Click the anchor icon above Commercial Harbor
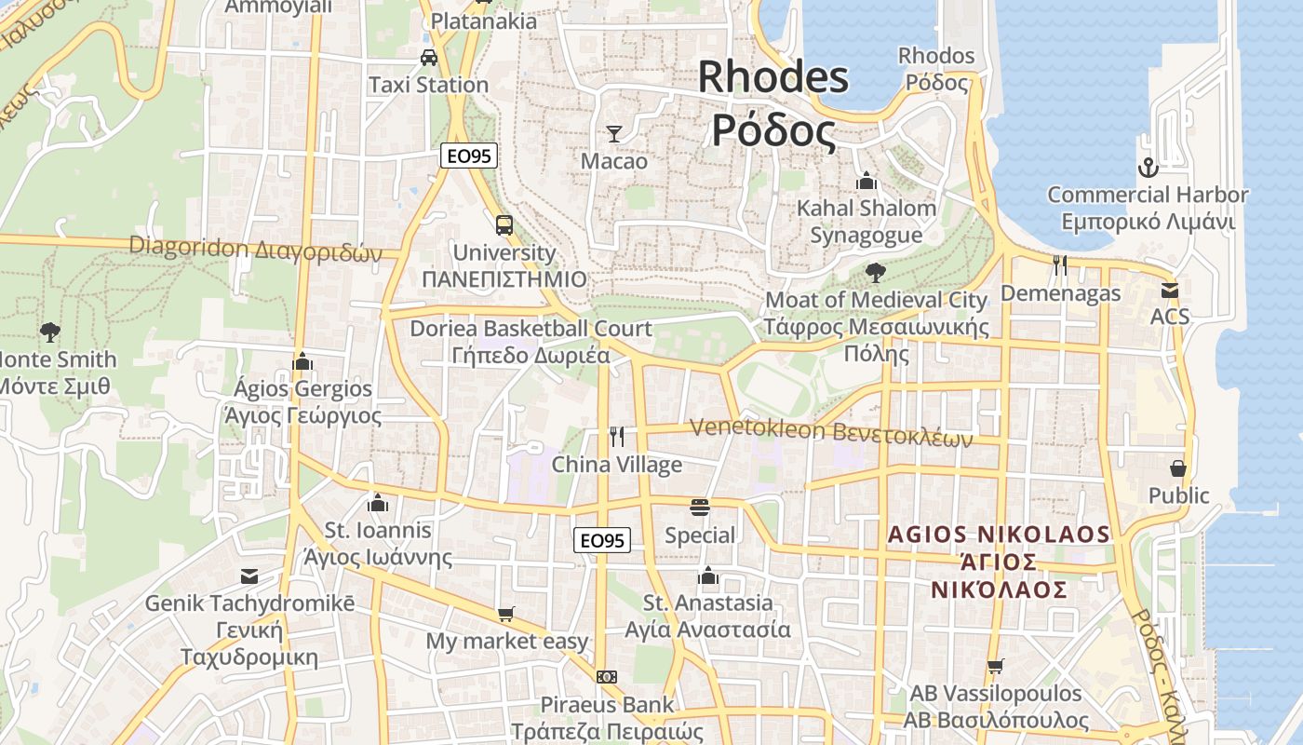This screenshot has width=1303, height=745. point(1148,168)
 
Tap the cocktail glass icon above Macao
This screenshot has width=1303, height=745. point(613,134)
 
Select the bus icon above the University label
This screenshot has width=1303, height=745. point(504,224)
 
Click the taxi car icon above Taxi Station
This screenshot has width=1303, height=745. point(428,57)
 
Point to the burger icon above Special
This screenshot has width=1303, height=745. point(700,508)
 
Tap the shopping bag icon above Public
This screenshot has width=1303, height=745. point(1178,467)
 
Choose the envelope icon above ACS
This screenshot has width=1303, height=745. point(1170,290)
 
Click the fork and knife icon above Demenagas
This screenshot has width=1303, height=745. point(1060,265)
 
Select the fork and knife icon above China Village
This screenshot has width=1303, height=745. point(617,436)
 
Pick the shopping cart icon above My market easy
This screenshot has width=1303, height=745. point(505,614)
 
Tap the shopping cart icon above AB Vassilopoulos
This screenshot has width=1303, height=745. point(995,666)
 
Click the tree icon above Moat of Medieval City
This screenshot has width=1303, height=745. point(875,272)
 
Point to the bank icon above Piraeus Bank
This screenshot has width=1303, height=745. point(607,677)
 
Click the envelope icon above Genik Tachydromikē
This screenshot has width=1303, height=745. point(249,576)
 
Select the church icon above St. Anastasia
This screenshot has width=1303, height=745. point(708,576)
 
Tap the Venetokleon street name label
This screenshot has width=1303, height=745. point(831,432)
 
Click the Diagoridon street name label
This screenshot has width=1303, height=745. point(256,249)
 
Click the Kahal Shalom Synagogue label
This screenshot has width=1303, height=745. point(866,221)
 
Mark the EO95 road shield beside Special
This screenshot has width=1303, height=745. point(601,540)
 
